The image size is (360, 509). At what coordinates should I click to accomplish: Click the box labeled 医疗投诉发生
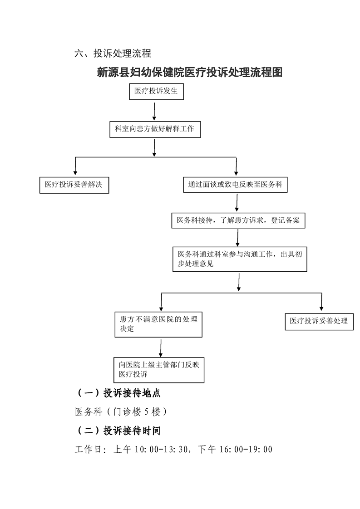(156, 92)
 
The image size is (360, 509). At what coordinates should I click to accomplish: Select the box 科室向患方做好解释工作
(154, 129)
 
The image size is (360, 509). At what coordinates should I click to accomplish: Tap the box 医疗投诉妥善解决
(74, 185)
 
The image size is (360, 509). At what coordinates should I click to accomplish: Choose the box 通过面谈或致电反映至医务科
(236, 185)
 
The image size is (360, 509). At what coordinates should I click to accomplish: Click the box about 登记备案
(238, 220)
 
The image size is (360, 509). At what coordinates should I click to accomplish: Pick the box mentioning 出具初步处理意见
(239, 259)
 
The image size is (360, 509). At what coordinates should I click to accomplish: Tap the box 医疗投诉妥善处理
(319, 321)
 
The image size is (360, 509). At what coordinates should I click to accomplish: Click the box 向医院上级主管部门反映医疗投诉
(159, 369)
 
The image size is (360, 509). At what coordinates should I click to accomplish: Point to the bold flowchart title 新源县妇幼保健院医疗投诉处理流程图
(190, 72)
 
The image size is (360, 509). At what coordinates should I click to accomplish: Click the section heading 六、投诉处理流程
(113, 54)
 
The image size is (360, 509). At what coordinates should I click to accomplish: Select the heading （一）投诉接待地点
(117, 393)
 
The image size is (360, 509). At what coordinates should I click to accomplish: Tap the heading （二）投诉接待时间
(117, 430)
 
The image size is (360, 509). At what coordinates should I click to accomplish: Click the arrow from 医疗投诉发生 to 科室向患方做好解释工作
(155, 111)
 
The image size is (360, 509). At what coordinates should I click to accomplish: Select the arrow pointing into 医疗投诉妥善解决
(75, 166)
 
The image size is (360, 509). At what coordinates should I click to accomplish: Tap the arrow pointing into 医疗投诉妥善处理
(321, 302)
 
